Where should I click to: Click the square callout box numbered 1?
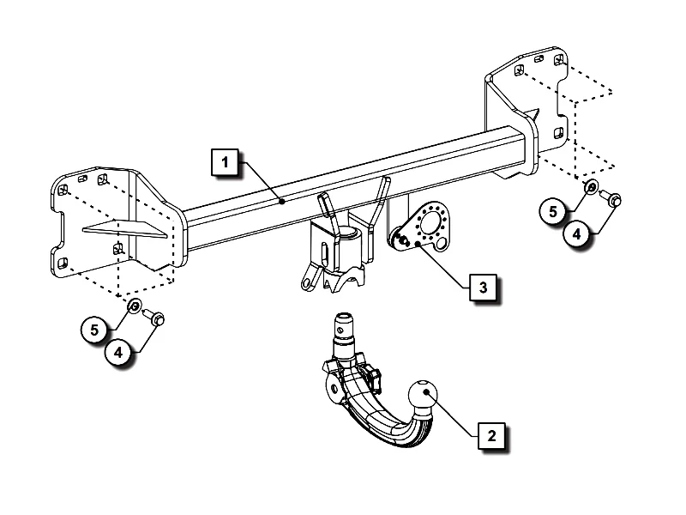pos(224,161)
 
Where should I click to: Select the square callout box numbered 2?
pos(491,434)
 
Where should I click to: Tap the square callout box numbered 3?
pos(483,286)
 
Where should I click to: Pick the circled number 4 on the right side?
pos(576,233)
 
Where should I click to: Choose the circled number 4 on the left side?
pos(120,351)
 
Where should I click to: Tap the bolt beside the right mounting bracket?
pos(611,199)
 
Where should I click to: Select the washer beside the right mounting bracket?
pos(591,187)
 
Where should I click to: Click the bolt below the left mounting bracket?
pos(155,319)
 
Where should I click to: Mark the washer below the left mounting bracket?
pos(134,306)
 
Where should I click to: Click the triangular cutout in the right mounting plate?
pos(534,113)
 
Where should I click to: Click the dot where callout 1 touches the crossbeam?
pos(282,202)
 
